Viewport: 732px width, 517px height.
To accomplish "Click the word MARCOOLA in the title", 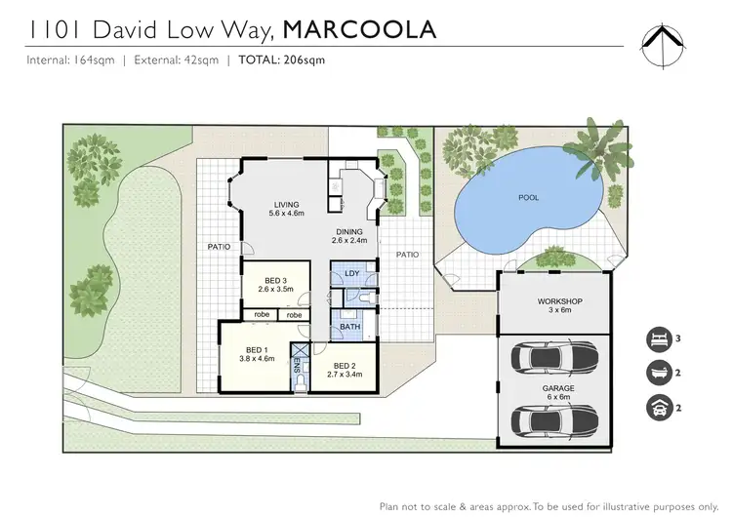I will [x=358, y=29].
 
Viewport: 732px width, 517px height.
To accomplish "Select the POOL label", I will [x=528, y=198].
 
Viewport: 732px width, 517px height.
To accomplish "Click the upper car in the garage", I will [x=552, y=358].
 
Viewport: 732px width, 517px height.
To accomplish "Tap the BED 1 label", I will [x=256, y=354].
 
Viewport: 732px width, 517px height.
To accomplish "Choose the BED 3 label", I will [x=275, y=285].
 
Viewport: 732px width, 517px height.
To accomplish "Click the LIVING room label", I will [x=287, y=208].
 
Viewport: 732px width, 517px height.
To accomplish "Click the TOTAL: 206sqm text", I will [x=282, y=60].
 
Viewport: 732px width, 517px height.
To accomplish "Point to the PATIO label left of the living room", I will [x=218, y=247].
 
